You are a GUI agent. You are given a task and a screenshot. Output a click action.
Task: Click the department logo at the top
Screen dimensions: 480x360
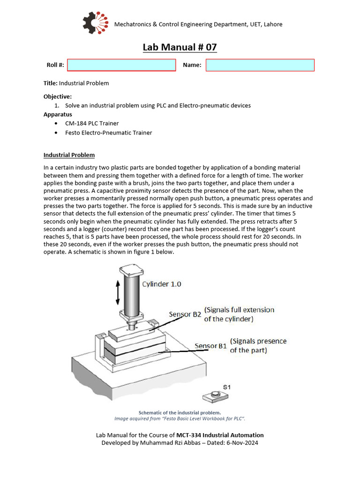click(95, 23)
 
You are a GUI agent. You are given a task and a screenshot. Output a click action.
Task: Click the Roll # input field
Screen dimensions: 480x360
click(121, 65)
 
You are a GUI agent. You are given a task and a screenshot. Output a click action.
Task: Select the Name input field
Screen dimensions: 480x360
click(260, 65)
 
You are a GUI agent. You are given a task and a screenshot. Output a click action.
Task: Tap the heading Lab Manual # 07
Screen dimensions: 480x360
click(180, 47)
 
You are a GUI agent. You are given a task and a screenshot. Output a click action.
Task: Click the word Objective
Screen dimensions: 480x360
click(57, 97)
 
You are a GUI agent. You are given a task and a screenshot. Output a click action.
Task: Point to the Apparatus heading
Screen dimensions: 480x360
click(58, 114)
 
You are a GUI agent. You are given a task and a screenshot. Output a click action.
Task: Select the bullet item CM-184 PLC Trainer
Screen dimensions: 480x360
click(92, 123)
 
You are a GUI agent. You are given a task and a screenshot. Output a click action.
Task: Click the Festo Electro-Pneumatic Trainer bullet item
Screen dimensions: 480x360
click(108, 133)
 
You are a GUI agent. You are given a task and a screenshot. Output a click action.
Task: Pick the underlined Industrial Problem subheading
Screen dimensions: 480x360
click(69, 155)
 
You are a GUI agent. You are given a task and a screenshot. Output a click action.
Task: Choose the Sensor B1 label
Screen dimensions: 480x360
click(210, 346)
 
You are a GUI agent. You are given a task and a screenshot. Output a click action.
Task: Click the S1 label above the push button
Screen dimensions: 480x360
click(226, 387)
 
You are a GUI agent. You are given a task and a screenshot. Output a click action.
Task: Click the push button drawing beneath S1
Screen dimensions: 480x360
click(215, 397)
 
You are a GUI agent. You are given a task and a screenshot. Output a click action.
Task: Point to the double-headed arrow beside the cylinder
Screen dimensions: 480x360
click(118, 293)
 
